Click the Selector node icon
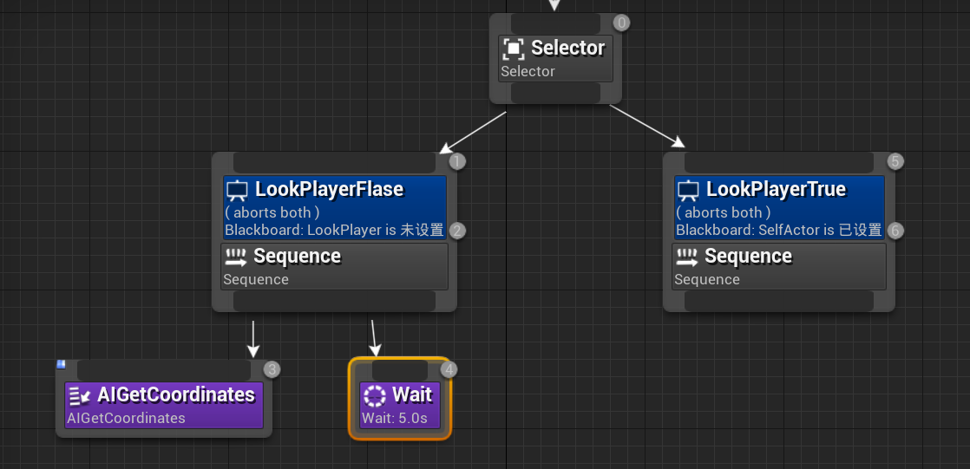point(514,49)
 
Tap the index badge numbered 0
point(621,23)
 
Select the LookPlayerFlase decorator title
point(329,189)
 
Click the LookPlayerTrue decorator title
point(776,189)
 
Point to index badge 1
point(458,161)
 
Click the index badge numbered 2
point(458,231)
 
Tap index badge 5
point(896,161)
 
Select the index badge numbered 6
point(896,231)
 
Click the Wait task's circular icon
point(374,395)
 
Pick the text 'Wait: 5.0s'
point(394,418)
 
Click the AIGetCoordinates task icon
point(80,395)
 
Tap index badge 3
point(272,369)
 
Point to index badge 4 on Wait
point(448,369)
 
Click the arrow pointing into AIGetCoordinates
point(252,339)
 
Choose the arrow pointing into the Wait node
point(374,338)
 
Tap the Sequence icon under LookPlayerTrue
point(686,257)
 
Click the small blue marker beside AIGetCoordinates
point(61,364)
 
